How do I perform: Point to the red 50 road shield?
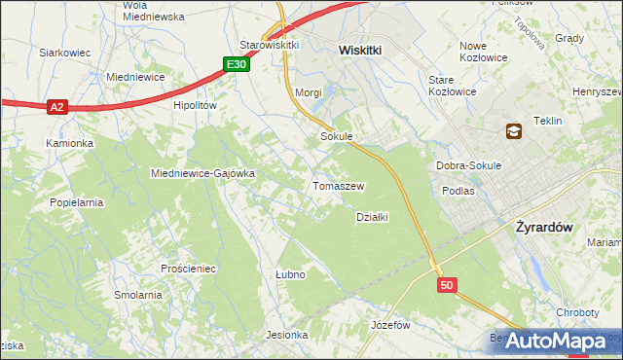click(447, 285)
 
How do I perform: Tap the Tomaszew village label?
click(338, 186)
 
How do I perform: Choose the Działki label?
click(373, 217)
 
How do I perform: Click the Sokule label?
click(336, 137)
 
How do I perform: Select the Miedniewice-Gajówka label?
click(202, 173)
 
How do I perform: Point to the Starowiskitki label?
click(269, 45)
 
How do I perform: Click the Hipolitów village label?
click(195, 105)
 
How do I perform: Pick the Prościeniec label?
click(189, 267)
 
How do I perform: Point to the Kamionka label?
click(69, 143)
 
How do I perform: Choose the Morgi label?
click(308, 92)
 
